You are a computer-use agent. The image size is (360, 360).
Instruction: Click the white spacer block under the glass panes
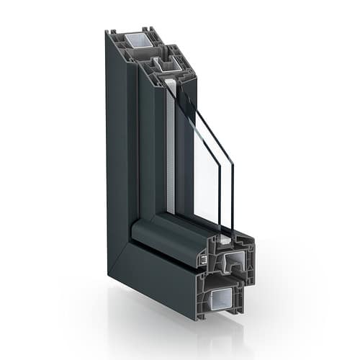pos(224,236)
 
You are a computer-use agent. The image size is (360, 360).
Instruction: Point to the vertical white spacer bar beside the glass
pos(171,144)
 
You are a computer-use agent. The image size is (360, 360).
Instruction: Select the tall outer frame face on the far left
pos(115,144)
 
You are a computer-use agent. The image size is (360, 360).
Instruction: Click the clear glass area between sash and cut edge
pos(205,180)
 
